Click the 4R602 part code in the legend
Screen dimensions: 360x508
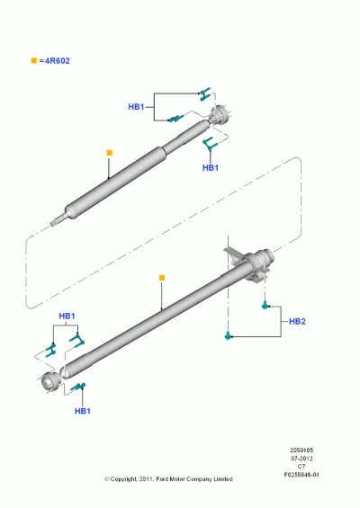click(x=57, y=61)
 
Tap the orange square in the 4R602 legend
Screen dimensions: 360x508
click(x=34, y=60)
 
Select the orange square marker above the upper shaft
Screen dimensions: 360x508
click(x=110, y=153)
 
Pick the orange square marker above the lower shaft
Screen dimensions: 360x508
click(x=162, y=278)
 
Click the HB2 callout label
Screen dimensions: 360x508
click(x=297, y=321)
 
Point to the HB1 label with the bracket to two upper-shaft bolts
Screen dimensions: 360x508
click(x=136, y=107)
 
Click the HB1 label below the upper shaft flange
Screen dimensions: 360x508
click(x=211, y=168)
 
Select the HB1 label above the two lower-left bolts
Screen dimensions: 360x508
click(x=67, y=316)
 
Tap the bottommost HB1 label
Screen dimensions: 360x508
click(x=83, y=411)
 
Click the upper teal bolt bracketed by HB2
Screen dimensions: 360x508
click(x=265, y=305)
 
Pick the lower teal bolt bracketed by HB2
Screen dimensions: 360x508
click(x=229, y=335)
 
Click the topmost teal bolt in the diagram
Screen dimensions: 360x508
click(x=204, y=94)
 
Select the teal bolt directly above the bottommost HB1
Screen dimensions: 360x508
click(x=78, y=387)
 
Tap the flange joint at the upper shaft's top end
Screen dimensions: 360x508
click(x=220, y=115)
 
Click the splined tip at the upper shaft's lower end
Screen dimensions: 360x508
click(x=54, y=223)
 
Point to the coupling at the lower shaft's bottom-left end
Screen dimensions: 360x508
click(x=51, y=383)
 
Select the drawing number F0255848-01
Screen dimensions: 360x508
click(x=301, y=475)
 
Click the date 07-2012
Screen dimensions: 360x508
click(x=301, y=459)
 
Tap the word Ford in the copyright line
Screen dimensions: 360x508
click(x=162, y=479)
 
